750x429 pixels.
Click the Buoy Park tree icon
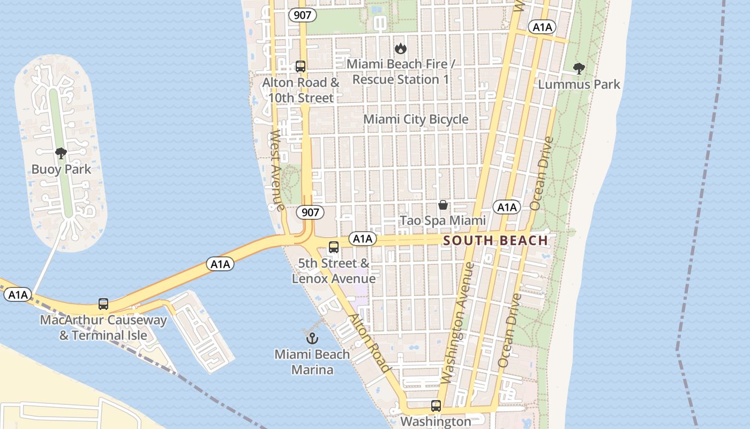(61, 153)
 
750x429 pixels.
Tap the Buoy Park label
(61, 169)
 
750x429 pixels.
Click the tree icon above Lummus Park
(579, 68)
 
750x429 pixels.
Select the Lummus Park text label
(579, 84)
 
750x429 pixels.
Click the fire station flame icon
(400, 49)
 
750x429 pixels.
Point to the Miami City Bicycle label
(416, 119)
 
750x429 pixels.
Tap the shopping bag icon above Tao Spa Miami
(443, 205)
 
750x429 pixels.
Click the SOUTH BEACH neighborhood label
(496, 240)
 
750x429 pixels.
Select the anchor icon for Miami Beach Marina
(312, 338)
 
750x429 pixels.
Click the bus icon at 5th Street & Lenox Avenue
(334, 247)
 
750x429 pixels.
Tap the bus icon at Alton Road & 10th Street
(301, 66)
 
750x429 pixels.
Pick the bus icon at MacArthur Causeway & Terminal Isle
(103, 304)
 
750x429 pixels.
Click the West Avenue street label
(277, 170)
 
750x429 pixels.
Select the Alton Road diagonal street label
(369, 343)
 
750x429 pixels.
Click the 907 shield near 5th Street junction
(310, 212)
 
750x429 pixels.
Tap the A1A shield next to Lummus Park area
(542, 27)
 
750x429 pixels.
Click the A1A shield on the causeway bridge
(220, 264)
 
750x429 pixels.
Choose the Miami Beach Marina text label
(312, 362)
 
